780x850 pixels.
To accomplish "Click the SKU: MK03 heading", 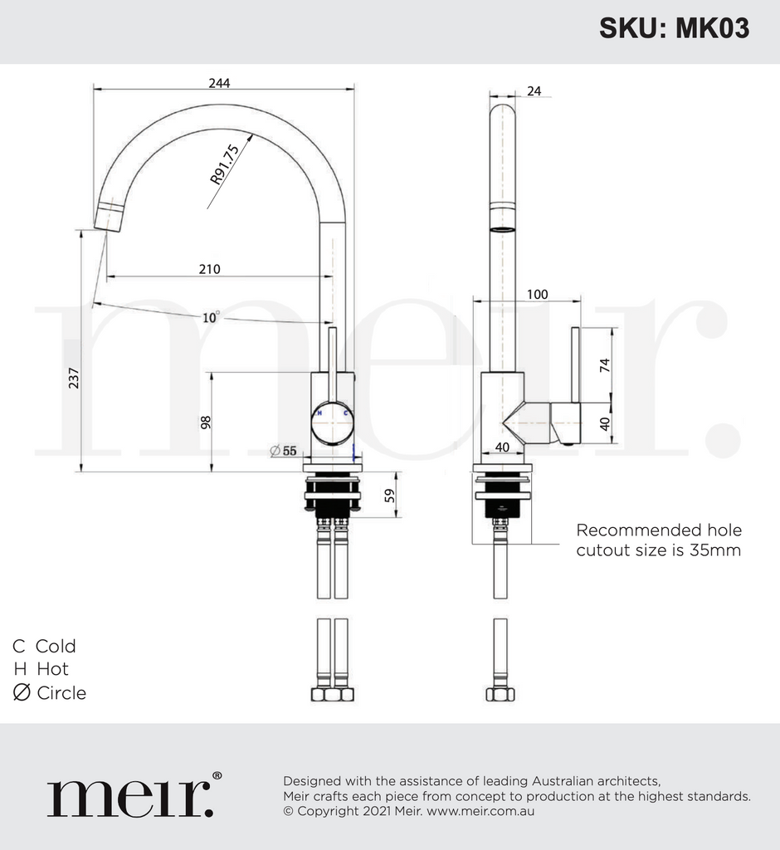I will click(674, 28).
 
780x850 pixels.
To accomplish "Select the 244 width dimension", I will click(219, 82).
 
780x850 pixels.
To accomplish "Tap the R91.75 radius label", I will click(225, 164).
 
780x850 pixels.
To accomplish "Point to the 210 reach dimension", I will click(209, 269).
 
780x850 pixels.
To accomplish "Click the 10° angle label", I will click(212, 317).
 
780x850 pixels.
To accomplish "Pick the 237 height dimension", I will click(74, 378).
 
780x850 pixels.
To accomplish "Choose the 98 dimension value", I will click(205, 422).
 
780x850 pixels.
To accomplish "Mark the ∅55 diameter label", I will click(284, 451).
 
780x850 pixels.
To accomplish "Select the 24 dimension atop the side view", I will click(534, 91).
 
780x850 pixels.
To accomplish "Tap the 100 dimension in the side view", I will click(537, 294).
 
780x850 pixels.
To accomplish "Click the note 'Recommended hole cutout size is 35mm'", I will click(659, 540).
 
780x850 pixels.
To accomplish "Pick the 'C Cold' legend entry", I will click(44, 646).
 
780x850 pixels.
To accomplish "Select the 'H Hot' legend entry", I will click(41, 669).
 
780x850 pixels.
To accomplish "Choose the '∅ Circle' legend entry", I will click(50, 692).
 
